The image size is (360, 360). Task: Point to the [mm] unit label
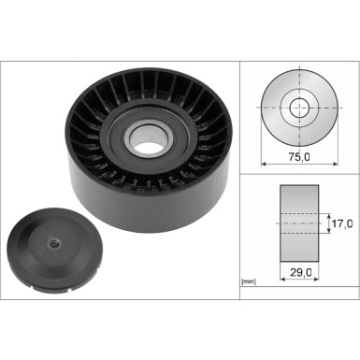(248, 281)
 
